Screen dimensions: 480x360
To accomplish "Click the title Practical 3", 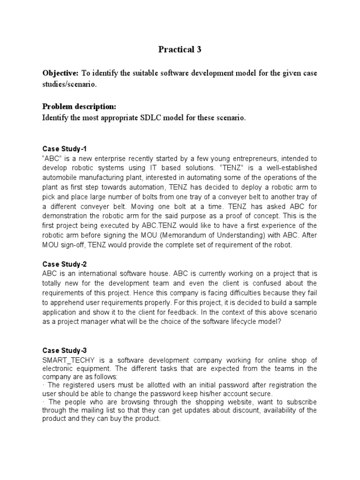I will point(180,50).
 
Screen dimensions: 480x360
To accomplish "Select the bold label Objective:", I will point(60,74).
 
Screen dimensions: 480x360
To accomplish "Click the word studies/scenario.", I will point(70,85).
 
